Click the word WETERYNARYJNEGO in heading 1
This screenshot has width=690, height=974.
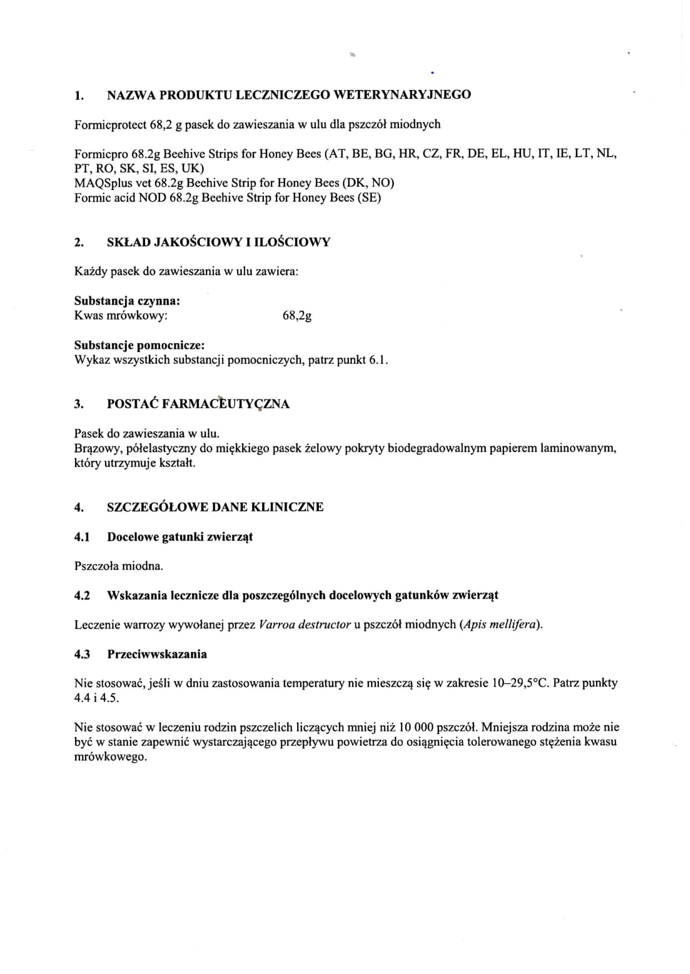[402, 94]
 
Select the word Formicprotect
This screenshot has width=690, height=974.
[111, 124]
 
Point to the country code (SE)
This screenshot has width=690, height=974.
[369, 197]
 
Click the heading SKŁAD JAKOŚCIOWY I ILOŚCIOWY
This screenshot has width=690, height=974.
[218, 242]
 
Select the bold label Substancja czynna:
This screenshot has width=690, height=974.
[127, 301]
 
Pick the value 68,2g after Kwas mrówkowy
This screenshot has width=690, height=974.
[297, 316]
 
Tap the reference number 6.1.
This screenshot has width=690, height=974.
[377, 360]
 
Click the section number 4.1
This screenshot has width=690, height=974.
[82, 537]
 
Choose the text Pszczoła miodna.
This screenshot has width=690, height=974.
[119, 566]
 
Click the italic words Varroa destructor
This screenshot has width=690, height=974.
[304, 625]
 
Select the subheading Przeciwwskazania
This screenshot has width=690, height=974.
[157, 654]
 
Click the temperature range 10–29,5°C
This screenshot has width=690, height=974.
[520, 683]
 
